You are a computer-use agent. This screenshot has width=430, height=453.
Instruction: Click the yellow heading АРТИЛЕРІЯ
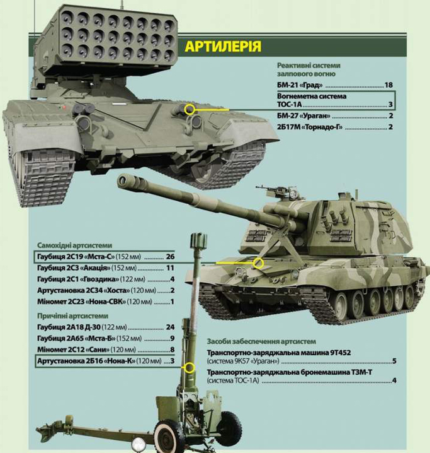pos(223,46)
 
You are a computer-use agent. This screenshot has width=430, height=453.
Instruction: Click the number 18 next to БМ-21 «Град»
pos(388,85)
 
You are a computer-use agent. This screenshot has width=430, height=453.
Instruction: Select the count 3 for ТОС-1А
pos(390,104)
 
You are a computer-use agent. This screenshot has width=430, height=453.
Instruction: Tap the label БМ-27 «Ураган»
pos(303,116)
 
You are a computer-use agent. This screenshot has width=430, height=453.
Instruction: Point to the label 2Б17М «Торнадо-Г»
pos(310,127)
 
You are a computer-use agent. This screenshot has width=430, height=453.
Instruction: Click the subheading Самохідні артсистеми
pos(74,245)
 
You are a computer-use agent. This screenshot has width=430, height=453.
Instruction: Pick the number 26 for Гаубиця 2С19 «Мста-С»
pos(171,257)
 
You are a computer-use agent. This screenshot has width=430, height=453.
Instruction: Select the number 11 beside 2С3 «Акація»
pos(171,268)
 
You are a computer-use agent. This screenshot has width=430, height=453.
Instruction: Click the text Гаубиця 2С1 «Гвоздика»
pos(78,279)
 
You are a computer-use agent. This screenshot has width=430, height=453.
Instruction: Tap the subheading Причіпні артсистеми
pos(72,316)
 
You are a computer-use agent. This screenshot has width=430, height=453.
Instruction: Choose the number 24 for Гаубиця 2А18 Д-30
pos(171,327)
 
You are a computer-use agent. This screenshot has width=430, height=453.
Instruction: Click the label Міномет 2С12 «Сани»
pos(73,350)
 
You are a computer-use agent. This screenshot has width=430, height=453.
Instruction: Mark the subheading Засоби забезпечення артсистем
pos(261,341)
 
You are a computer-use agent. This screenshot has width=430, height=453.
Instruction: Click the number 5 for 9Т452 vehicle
pos(394,361)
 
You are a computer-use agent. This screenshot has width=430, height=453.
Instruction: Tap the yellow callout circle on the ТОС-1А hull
pos(190,109)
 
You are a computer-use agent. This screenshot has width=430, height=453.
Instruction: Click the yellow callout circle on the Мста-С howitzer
pos(258,263)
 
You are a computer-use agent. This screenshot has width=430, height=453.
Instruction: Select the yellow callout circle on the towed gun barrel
pos(190,367)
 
